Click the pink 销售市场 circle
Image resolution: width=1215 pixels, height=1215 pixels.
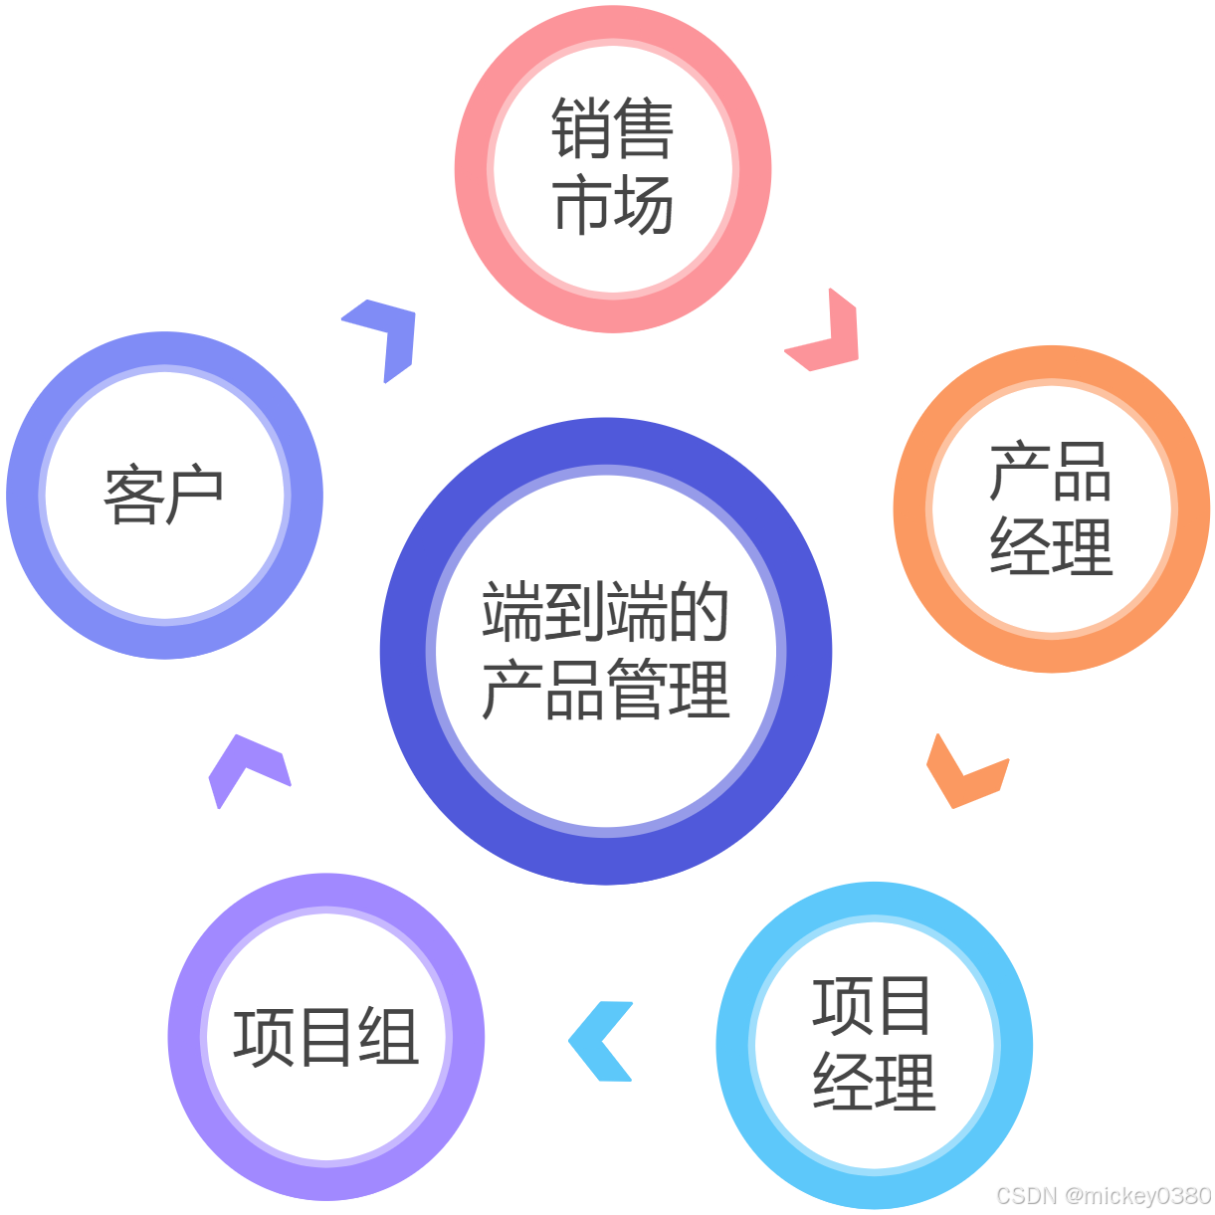pos(612,167)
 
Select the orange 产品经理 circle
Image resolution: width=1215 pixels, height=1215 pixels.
pos(1051,509)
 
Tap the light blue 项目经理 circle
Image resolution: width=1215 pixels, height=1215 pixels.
pos(874,1045)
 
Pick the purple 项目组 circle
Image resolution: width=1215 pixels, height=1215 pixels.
pos(326,1037)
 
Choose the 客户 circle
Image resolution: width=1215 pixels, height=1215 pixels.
pos(164,495)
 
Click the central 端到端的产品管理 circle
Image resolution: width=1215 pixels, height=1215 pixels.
pos(606,651)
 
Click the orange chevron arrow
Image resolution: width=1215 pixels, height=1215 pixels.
pos(963,774)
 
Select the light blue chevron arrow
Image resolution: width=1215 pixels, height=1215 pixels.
pos(601,1041)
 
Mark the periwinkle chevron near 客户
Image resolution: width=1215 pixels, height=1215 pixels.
pos(385,332)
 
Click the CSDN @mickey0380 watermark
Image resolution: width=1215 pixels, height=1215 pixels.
pos(1102,1194)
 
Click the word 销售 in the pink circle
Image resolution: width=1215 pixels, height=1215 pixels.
pos(612,129)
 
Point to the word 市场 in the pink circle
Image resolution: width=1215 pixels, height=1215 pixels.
pos(612,205)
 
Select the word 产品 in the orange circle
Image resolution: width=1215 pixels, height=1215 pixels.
pos(1051,472)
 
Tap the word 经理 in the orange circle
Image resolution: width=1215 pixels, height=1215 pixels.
pos(1051,547)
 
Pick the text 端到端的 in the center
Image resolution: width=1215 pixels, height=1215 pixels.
pos(606,613)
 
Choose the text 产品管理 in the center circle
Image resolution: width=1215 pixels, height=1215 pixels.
pos(606,689)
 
